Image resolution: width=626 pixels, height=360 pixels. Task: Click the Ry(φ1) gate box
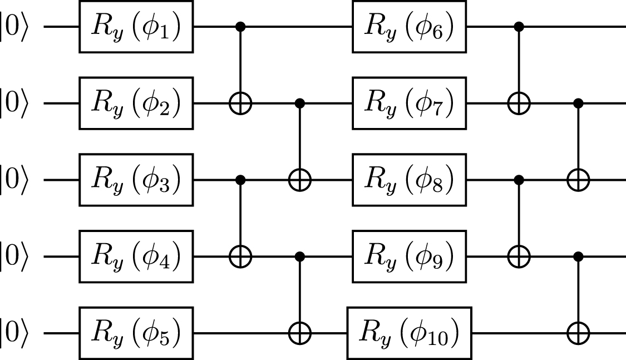[136, 27]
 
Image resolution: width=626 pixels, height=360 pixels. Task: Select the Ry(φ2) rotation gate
[136, 103]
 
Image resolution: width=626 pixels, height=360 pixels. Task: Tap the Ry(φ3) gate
[136, 180]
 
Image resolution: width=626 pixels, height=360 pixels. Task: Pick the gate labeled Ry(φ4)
[136, 257]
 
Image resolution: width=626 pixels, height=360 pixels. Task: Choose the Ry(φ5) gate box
[136, 334]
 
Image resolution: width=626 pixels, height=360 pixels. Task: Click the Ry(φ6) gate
[409, 27]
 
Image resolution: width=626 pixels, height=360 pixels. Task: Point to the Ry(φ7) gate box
[409, 103]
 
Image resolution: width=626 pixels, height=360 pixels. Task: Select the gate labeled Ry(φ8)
[409, 180]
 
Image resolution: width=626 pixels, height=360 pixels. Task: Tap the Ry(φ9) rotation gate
[409, 257]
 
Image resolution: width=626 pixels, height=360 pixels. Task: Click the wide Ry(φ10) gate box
[409, 334]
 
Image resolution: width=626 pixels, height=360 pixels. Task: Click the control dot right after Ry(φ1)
[240, 27]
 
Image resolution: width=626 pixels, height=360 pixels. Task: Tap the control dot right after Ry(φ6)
[519, 27]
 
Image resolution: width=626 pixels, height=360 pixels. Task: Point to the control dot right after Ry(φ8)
[519, 180]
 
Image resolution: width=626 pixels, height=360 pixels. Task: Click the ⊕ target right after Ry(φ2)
[240, 103]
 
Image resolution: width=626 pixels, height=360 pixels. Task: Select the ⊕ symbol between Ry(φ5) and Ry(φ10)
[300, 334]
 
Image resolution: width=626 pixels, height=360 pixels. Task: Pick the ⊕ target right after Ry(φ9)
[519, 257]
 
